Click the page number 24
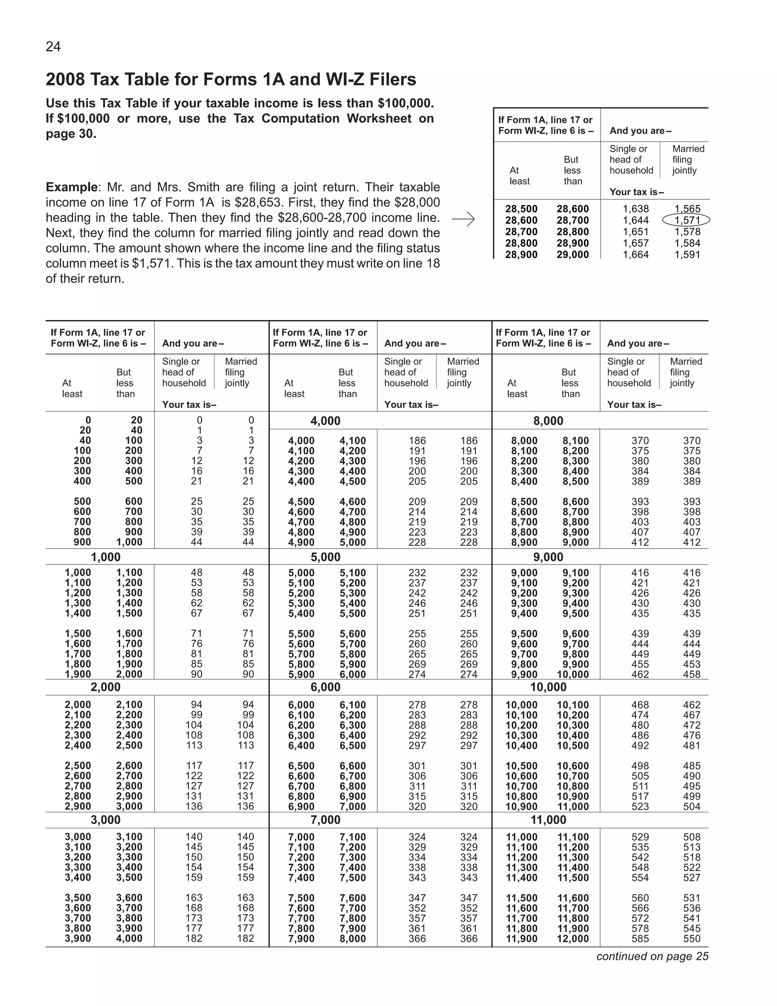click(x=53, y=47)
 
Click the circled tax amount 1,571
click(x=687, y=220)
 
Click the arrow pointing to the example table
click(x=463, y=219)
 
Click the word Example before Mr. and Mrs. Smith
click(x=71, y=187)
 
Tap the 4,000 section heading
click(x=326, y=421)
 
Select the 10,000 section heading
click(x=548, y=687)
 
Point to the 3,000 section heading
click(x=105, y=820)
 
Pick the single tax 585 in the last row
click(x=640, y=938)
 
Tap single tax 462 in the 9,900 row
click(x=640, y=674)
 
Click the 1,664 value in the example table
click(x=636, y=255)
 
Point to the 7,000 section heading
click(x=326, y=820)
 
